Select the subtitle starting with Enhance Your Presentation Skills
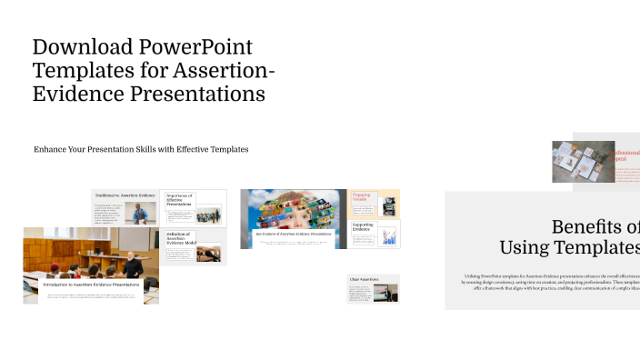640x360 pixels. coord(141,149)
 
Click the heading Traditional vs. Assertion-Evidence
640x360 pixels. coord(124,195)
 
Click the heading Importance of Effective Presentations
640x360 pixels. coord(180,200)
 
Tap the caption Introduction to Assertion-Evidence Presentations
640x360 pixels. coord(92,285)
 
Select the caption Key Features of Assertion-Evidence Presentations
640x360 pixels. coord(294,235)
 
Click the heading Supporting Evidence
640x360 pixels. coord(364,226)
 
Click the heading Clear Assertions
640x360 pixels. coord(364,278)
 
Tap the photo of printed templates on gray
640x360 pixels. coord(582,162)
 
